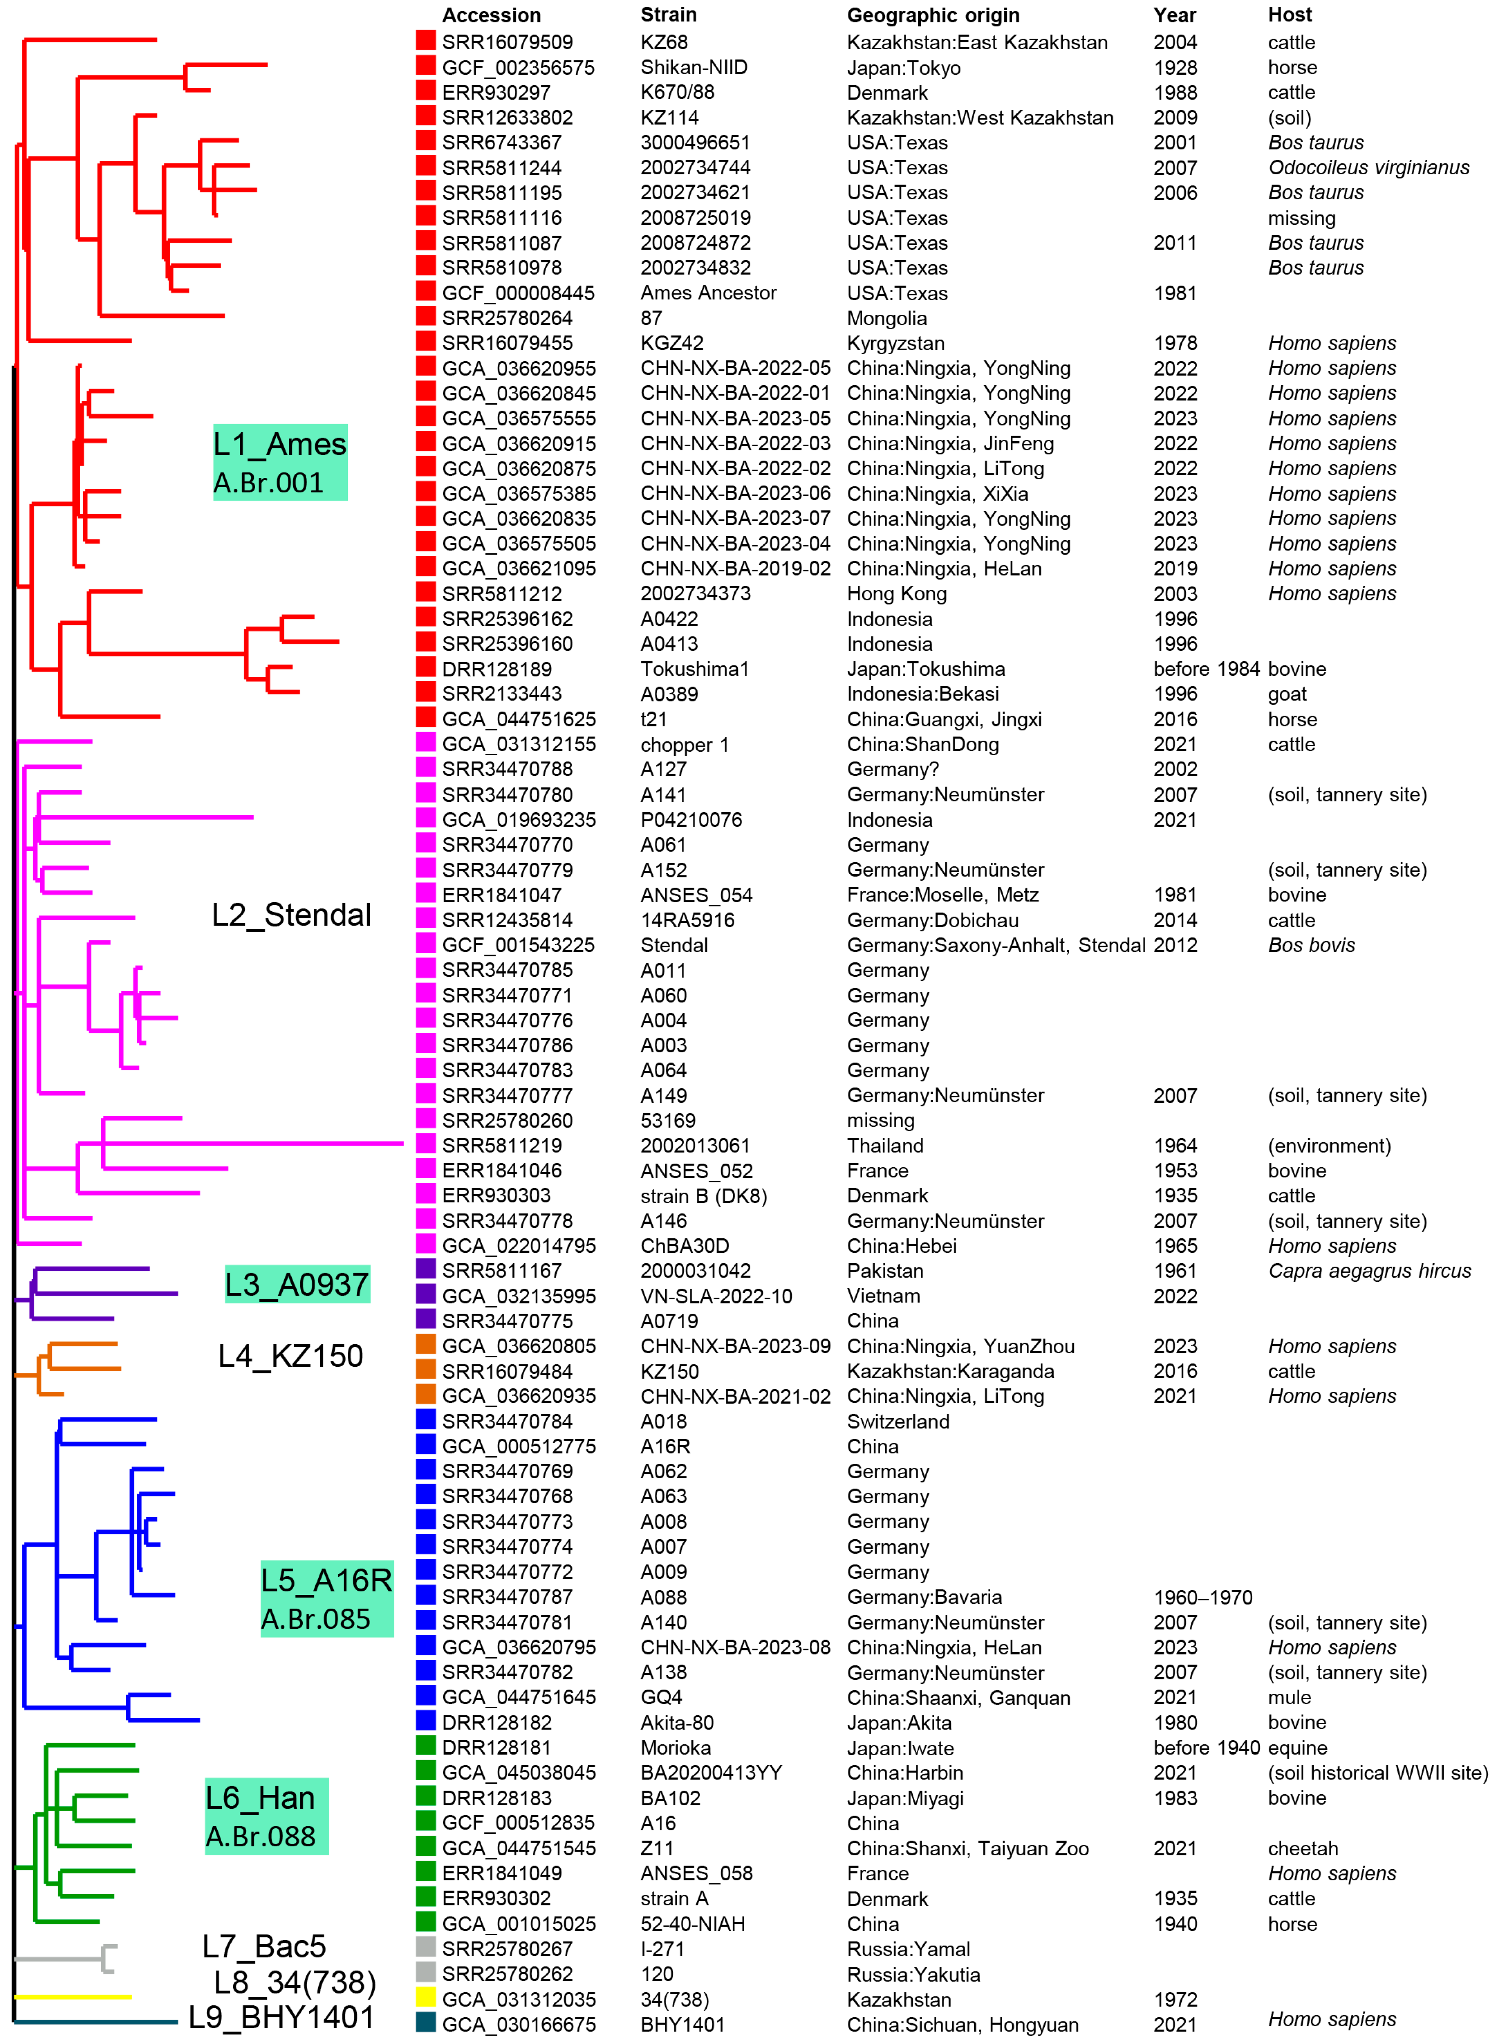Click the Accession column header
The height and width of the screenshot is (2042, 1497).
pyautogui.click(x=491, y=15)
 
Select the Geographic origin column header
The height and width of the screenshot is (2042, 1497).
pyautogui.click(x=932, y=15)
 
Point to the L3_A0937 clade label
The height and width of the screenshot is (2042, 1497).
pyautogui.click(x=297, y=1284)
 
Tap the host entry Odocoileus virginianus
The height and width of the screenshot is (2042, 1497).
pyautogui.click(x=1368, y=168)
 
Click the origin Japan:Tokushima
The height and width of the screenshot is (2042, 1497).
pyautogui.click(x=925, y=669)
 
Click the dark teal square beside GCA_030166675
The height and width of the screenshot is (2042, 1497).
pyautogui.click(x=425, y=2022)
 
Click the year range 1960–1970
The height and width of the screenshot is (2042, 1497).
pyautogui.click(x=1203, y=1597)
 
